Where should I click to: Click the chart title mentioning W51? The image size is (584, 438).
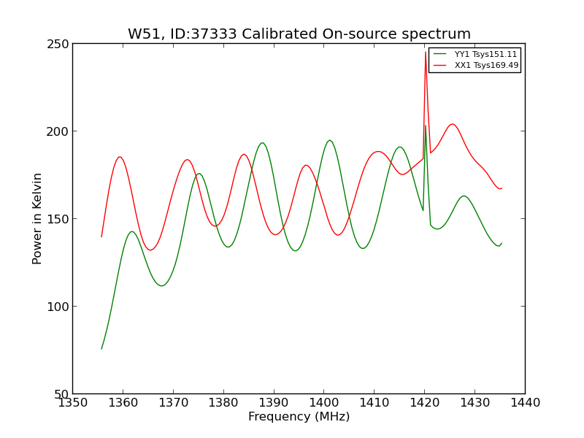(x=299, y=34)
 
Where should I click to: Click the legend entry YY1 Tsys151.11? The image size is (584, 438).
(x=485, y=55)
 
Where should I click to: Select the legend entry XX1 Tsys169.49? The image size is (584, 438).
(x=486, y=66)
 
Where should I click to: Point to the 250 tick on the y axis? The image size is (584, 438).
(x=60, y=44)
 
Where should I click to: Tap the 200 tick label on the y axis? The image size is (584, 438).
(x=60, y=131)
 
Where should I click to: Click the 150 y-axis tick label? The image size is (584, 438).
(x=60, y=219)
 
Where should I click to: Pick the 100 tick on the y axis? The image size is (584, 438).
(x=60, y=307)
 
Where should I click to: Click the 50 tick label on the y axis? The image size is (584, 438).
(x=63, y=394)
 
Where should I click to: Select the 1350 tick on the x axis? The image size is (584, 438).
(x=73, y=403)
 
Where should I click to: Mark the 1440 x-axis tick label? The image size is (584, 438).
(x=525, y=403)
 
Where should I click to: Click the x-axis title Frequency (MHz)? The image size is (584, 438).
(x=299, y=417)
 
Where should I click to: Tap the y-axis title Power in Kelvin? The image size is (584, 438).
(x=38, y=218)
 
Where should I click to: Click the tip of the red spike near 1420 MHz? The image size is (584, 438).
(x=426, y=52)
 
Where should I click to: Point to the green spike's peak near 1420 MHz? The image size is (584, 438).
(x=426, y=126)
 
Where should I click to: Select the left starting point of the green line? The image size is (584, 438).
(x=101, y=349)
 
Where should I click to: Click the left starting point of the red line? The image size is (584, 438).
(x=101, y=237)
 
